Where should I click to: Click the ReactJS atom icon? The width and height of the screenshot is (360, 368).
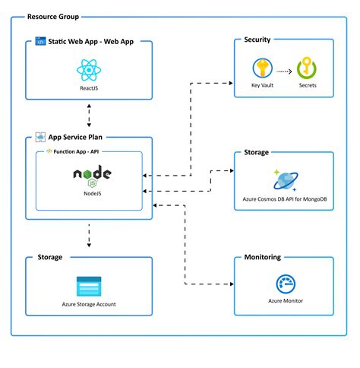click(90, 71)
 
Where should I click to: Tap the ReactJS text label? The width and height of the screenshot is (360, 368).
click(90, 88)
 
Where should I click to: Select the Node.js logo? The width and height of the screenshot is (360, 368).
click(93, 176)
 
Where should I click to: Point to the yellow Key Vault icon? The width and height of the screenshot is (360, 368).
click(262, 68)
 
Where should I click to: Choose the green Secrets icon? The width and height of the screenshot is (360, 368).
click(308, 68)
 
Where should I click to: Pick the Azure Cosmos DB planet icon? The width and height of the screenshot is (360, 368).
click(283, 181)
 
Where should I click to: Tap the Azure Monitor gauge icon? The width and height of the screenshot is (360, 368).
click(283, 284)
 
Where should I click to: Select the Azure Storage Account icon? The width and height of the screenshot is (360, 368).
click(90, 287)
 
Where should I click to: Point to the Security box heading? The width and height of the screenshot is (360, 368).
click(257, 40)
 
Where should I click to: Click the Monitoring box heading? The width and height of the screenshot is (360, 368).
click(262, 257)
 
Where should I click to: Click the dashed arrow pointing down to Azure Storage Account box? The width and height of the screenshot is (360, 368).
click(90, 235)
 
